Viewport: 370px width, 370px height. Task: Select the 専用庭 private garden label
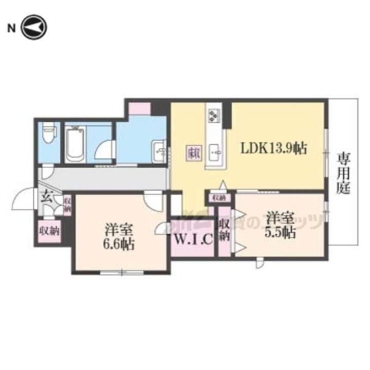(343, 173)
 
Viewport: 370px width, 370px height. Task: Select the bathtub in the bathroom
(75, 144)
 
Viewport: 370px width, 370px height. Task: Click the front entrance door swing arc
(25, 199)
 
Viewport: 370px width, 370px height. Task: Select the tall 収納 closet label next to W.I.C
(224, 230)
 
